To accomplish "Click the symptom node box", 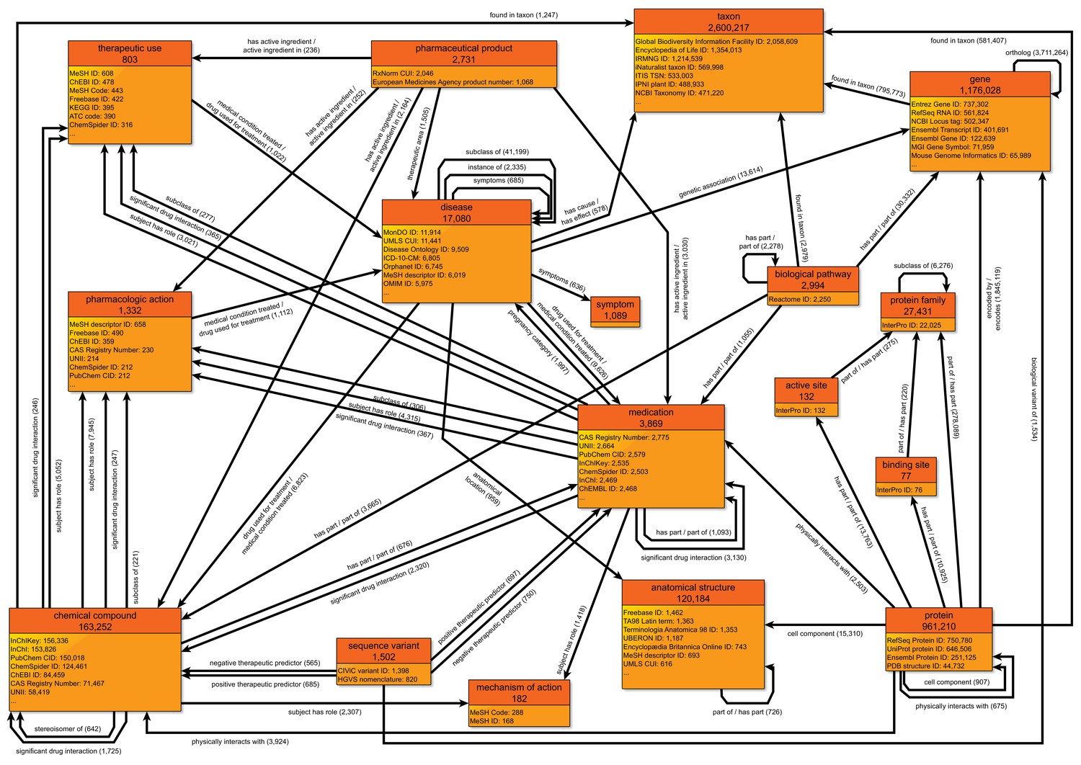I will click(x=615, y=310).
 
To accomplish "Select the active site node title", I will click(x=806, y=385).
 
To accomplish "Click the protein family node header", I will click(x=917, y=300).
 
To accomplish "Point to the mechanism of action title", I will click(x=519, y=687).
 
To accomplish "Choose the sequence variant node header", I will click(x=383, y=645).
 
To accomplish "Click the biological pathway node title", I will click(x=813, y=274).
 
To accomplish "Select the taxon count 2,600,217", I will click(x=728, y=27).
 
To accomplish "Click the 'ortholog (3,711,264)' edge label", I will click(x=1032, y=53).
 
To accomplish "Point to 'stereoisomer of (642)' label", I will click(x=68, y=729).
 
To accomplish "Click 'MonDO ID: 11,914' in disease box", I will click(x=412, y=233).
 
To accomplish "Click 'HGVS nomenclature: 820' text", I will click(x=378, y=679).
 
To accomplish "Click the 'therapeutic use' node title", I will click(x=130, y=48).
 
